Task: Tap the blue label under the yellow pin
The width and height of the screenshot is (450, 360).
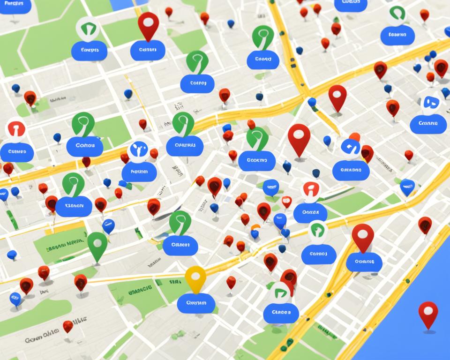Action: [x=196, y=303]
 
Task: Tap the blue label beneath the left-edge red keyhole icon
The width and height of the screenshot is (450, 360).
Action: [x=17, y=152]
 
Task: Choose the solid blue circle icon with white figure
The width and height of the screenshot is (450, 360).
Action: [x=138, y=150]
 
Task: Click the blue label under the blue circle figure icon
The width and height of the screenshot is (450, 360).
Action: [x=139, y=172]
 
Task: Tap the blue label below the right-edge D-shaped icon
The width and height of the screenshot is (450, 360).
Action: [x=428, y=124]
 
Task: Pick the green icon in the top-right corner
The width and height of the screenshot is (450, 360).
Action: [x=397, y=14]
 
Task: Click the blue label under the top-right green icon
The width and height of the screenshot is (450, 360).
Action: [x=397, y=35]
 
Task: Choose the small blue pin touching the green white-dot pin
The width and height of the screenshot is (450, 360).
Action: [x=108, y=226]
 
